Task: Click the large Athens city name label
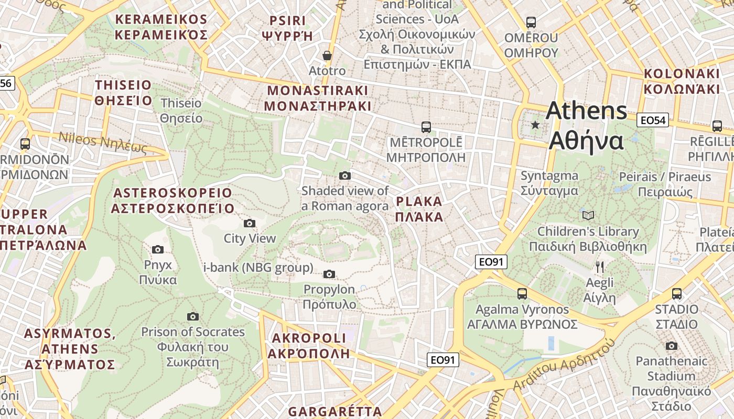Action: [x=586, y=126]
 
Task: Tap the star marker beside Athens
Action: [x=535, y=125]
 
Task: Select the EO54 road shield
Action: [x=653, y=120]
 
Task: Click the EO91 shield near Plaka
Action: [x=491, y=262]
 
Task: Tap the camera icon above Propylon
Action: [x=329, y=274]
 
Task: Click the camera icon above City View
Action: [x=250, y=224]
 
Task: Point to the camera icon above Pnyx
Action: [x=158, y=250]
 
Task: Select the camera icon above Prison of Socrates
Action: [x=193, y=316]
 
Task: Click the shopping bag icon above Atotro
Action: [x=327, y=56]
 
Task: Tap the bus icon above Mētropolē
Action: [x=426, y=127]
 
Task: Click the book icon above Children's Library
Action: [x=588, y=215]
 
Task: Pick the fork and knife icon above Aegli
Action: [x=600, y=267]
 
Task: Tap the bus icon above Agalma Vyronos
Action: [x=522, y=293]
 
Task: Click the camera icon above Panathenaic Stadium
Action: [x=671, y=346]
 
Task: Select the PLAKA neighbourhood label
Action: [x=419, y=209]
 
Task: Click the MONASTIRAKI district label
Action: [x=318, y=98]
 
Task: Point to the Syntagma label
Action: [x=549, y=183]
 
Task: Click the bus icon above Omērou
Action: [x=531, y=23]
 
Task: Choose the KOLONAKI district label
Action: [x=682, y=81]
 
